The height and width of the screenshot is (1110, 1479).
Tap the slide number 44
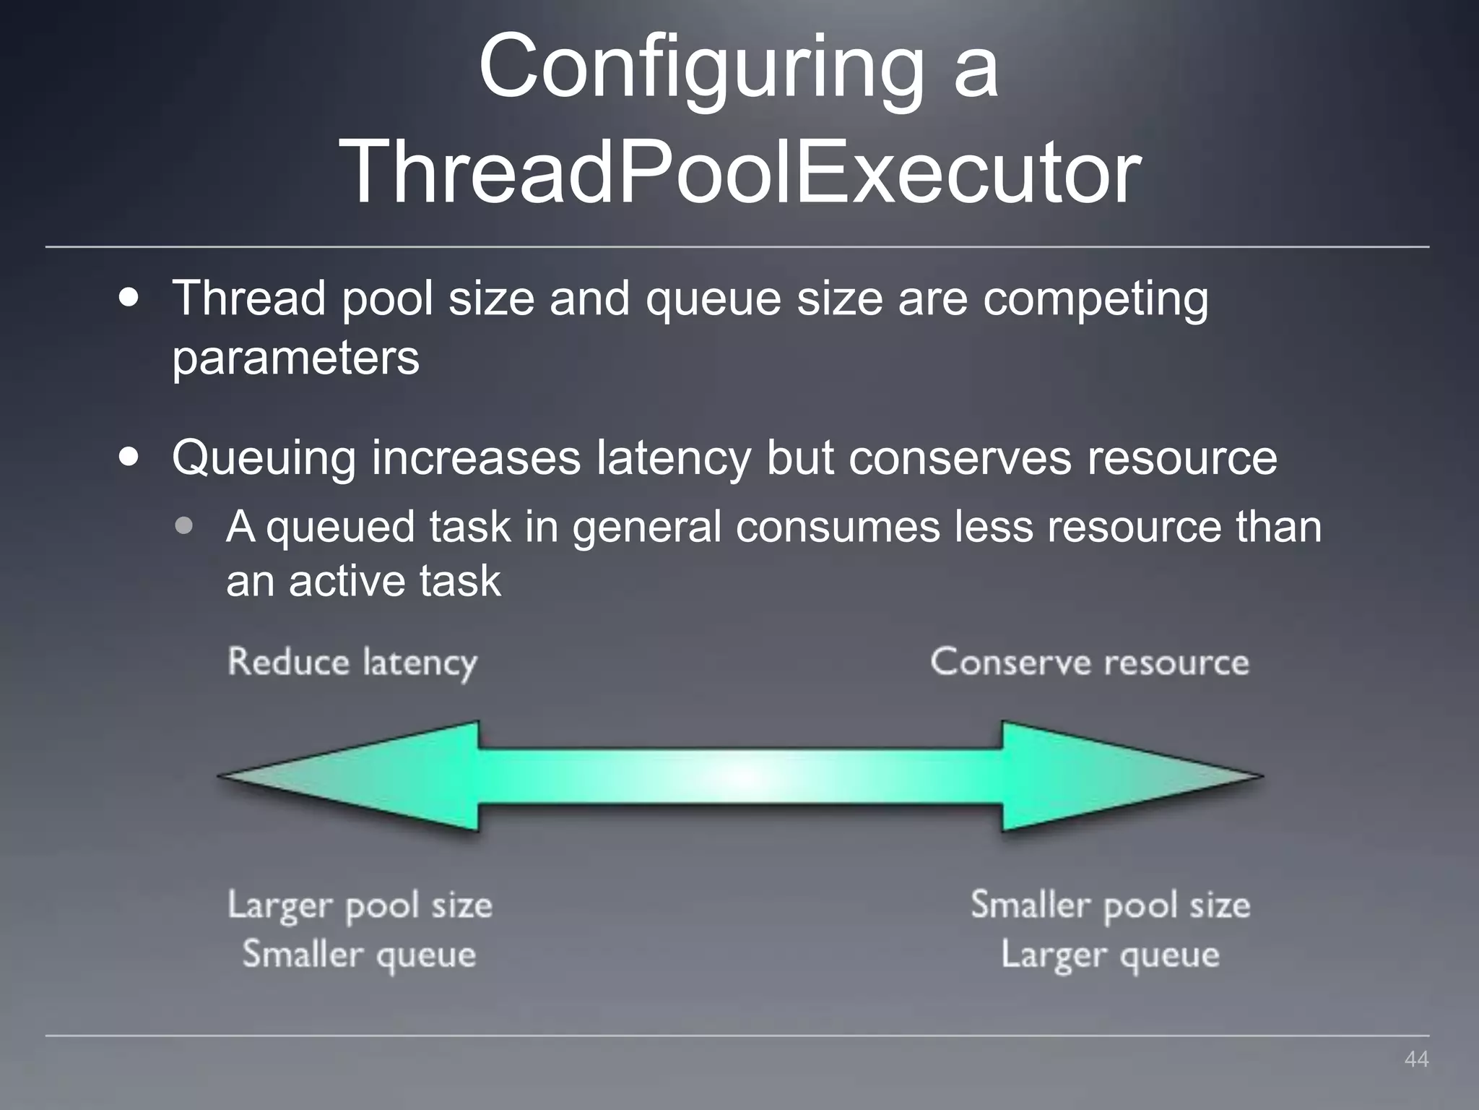tap(1416, 1059)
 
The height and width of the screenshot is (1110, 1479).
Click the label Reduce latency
tap(352, 663)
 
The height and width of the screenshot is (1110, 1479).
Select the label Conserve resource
tap(1089, 663)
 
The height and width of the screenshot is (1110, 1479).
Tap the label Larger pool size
tap(360, 906)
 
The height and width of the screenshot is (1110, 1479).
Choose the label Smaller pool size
tap(1110, 906)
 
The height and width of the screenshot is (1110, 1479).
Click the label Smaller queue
tap(360, 955)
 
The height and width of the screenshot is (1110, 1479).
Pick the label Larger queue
tap(1110, 955)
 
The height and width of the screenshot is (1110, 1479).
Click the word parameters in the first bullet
tap(295, 358)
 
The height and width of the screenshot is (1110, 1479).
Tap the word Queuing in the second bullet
tap(264, 460)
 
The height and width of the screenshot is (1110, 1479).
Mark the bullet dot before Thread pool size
tap(129, 298)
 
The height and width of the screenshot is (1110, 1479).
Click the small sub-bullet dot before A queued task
tap(184, 526)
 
